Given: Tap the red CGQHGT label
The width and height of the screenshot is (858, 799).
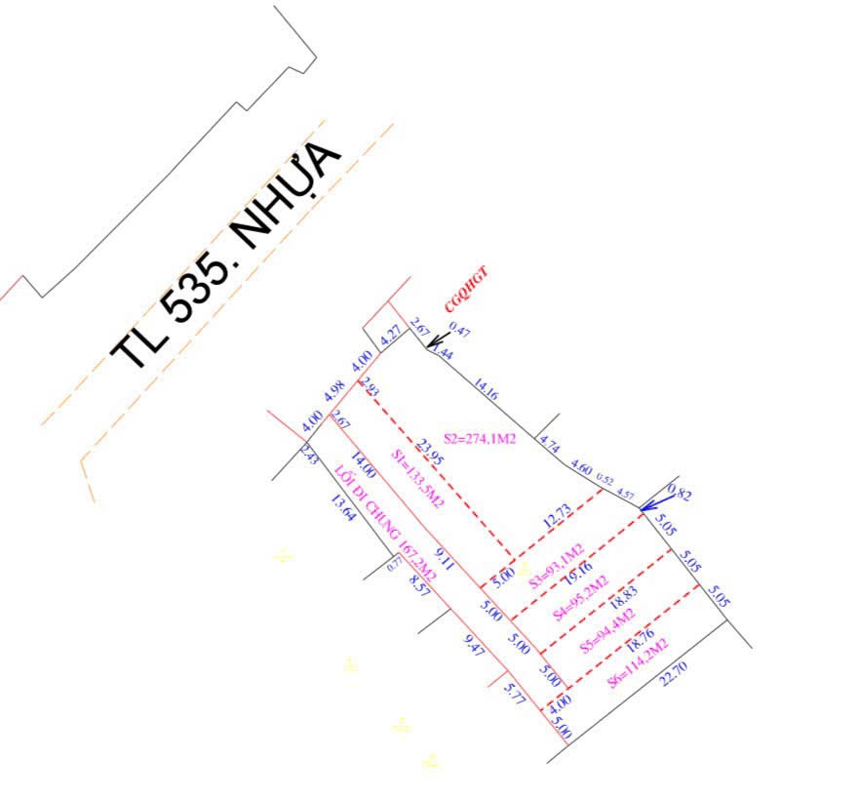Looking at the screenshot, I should tap(465, 290).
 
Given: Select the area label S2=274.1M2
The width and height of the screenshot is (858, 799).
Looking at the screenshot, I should tap(479, 439).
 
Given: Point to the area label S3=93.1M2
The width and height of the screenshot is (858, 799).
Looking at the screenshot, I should tap(556, 566).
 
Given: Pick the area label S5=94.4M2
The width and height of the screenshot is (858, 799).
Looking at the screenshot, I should tap(607, 630).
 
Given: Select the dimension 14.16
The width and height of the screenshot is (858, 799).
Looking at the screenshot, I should tap(486, 391).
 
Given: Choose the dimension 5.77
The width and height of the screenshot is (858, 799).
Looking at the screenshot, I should tap(514, 694).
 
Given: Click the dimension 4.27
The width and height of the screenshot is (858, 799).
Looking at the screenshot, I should tap(391, 335).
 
